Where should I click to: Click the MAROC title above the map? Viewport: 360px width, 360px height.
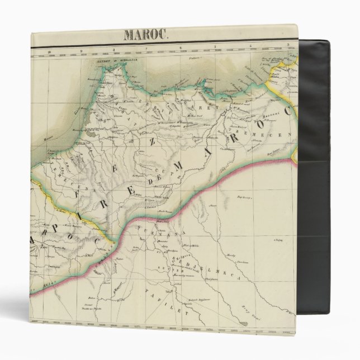(x=145, y=35)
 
